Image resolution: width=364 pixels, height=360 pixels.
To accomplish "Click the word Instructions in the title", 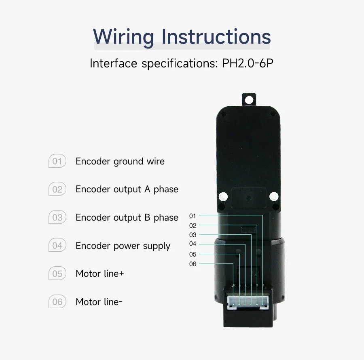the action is click(x=216, y=36).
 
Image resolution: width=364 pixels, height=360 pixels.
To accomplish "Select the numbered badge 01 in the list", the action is click(x=57, y=162).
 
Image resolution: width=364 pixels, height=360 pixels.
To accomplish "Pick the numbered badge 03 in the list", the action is click(x=57, y=218).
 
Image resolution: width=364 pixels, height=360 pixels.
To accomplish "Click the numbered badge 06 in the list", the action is click(x=57, y=302).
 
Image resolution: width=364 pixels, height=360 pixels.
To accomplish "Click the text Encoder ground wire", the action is click(x=120, y=162).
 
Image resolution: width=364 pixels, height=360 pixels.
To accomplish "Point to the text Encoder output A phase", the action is click(x=127, y=189).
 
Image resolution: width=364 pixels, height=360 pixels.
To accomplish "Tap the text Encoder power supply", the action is click(x=123, y=246).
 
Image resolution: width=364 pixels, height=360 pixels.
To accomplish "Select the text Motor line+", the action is click(x=99, y=274).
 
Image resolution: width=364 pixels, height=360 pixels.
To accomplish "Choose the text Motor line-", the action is click(x=99, y=302).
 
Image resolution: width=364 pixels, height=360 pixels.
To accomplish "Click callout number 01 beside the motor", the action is click(x=193, y=216).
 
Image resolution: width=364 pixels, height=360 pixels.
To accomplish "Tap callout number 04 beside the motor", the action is click(x=193, y=244).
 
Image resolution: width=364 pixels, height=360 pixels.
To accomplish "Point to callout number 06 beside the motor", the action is click(x=193, y=264).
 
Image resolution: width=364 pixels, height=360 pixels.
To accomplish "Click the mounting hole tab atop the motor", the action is click(x=250, y=99).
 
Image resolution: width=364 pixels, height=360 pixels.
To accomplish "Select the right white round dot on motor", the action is click(x=274, y=197).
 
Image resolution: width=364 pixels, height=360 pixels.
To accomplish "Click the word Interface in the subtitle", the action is click(x=113, y=63).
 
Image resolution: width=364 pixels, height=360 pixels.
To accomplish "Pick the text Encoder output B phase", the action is click(x=127, y=218).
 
